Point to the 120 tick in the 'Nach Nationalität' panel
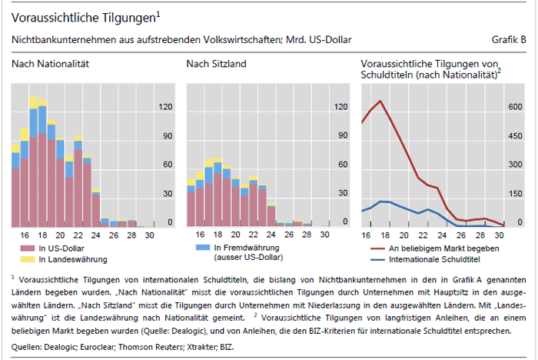click(x=164, y=107)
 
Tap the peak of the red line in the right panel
click(x=380, y=101)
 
